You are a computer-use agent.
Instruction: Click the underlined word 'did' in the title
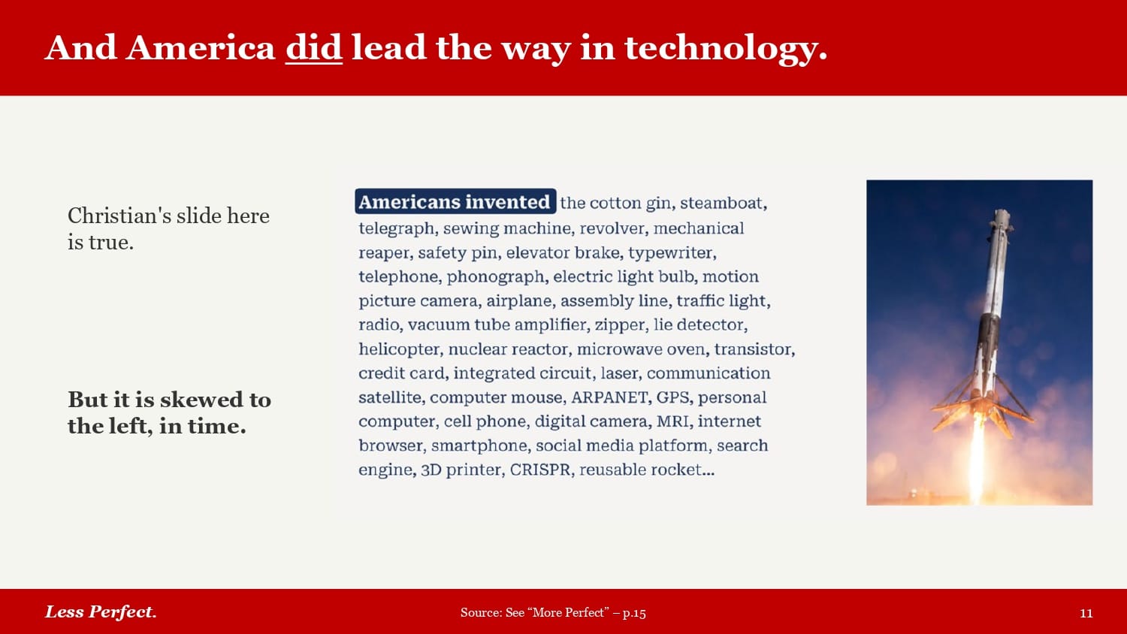pyautogui.click(x=314, y=48)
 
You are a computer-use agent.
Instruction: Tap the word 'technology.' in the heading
pyautogui.click(x=726, y=50)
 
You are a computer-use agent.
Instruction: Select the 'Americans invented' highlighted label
pyautogui.click(x=455, y=202)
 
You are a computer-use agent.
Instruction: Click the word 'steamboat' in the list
pyautogui.click(x=724, y=203)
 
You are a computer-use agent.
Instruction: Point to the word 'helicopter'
pyautogui.click(x=400, y=350)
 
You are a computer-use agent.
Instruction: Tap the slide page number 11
pyautogui.click(x=1086, y=613)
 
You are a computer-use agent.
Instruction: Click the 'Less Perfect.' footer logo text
pyautogui.click(x=101, y=612)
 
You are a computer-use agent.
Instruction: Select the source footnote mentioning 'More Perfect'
pyautogui.click(x=553, y=612)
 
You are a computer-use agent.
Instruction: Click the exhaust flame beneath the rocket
pyautogui.click(x=976, y=458)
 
